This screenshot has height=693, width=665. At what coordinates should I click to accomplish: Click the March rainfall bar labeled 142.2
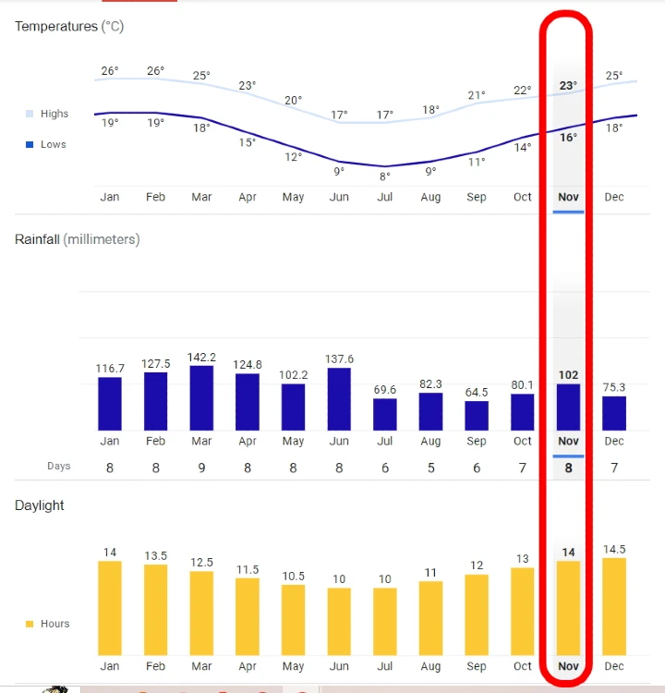tap(201, 398)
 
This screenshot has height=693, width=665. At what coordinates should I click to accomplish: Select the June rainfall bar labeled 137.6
tap(339, 399)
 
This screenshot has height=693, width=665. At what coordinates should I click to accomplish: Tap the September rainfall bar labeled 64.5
tap(477, 416)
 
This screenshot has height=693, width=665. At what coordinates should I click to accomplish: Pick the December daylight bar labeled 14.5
tap(614, 606)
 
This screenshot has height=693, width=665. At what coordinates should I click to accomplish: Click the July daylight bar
tap(385, 621)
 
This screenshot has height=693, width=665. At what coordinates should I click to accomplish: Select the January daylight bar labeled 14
tap(110, 608)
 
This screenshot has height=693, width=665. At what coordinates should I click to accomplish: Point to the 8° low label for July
tap(385, 176)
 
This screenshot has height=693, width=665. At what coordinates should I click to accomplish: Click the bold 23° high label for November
tap(568, 86)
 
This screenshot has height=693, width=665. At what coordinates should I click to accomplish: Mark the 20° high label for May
tap(293, 101)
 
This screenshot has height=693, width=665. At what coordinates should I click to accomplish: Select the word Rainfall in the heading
tap(37, 239)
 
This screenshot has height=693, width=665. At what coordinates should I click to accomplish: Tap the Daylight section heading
tap(40, 505)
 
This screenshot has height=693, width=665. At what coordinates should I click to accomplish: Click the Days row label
tap(59, 467)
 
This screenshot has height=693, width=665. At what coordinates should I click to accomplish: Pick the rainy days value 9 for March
tap(201, 468)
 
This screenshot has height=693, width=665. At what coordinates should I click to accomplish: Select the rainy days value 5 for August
tap(431, 468)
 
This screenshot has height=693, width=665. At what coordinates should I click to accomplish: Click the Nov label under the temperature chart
tap(568, 197)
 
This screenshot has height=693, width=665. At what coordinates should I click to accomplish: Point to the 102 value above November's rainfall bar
tap(568, 375)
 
